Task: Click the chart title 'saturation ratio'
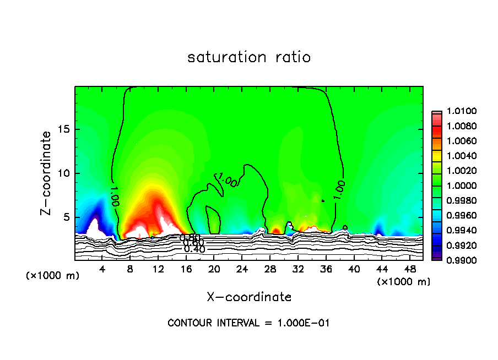249,57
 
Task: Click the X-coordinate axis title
249,297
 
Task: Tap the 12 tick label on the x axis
158,269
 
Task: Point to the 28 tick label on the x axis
270,269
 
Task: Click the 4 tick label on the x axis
102,269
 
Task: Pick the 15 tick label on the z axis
64,130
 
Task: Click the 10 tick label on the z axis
64,173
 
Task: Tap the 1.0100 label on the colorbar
458,112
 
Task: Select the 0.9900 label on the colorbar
458,260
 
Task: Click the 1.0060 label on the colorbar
458,141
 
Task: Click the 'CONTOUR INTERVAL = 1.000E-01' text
248,323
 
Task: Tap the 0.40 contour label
194,249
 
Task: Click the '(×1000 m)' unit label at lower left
52,276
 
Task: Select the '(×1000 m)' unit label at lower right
404,282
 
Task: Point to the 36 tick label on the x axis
326,269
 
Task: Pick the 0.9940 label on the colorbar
458,230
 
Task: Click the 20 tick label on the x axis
214,269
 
